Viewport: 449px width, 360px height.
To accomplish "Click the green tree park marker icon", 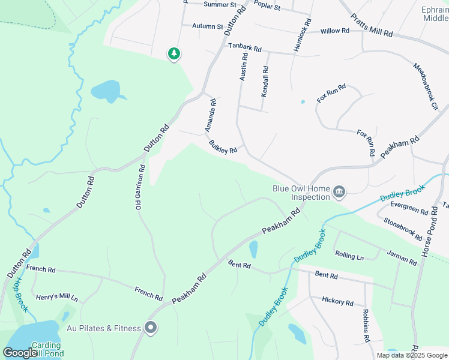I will click(x=174, y=54).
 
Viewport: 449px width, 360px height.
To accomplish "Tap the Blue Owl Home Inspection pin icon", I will click(x=339, y=193).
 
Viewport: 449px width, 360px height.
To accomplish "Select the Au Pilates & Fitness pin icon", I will click(x=151, y=328).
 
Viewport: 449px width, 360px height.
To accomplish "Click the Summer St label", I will click(x=220, y=4).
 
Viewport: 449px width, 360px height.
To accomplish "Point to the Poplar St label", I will click(x=267, y=7).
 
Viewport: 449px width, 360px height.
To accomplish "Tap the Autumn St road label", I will click(x=207, y=26).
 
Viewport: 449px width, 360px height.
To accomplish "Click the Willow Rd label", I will click(x=334, y=31).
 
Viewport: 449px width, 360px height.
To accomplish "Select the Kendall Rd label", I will click(x=265, y=82).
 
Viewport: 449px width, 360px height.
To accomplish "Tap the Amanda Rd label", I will click(x=210, y=116).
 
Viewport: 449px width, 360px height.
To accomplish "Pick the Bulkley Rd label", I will click(x=223, y=147).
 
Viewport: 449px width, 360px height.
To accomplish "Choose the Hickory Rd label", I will click(x=337, y=301).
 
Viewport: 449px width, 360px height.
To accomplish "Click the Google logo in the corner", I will click(x=20, y=353).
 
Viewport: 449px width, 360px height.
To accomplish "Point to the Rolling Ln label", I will click(x=349, y=256).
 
